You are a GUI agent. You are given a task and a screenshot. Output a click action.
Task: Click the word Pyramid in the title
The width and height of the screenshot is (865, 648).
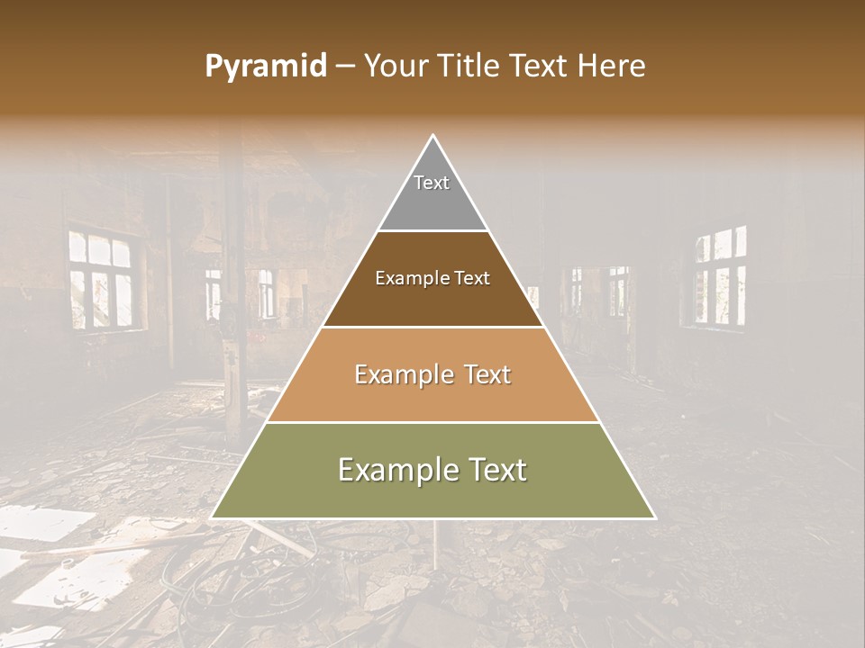[265, 67]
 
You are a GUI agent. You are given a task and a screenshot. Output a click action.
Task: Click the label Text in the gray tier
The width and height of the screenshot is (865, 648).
[432, 183]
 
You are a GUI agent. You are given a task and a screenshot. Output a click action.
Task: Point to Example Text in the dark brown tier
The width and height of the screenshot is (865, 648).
[432, 278]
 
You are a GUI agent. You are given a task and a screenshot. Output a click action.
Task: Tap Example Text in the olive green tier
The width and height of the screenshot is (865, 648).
[432, 470]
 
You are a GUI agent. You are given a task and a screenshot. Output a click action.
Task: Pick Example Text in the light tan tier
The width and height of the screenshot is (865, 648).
[432, 374]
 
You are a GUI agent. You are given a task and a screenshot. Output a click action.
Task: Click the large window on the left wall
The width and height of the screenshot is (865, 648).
[101, 279]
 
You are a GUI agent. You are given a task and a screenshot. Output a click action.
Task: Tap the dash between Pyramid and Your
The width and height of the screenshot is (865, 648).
[345, 67]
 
